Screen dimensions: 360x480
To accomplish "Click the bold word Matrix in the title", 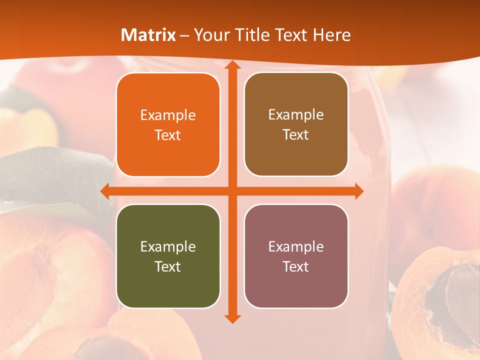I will click(148, 35).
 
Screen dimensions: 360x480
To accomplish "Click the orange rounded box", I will click(168, 125).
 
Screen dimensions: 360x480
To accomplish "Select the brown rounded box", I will click(296, 124).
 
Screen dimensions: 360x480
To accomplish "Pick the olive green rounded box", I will click(168, 256).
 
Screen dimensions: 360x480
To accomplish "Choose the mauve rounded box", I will click(296, 256).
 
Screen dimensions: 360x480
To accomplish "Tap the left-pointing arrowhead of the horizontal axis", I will click(105, 191).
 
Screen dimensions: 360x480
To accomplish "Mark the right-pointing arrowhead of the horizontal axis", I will click(358, 191).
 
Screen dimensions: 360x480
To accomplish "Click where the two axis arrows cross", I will click(232, 191).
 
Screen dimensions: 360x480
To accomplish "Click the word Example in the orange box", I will click(168, 115).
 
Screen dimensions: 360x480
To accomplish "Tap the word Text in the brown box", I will click(296, 135).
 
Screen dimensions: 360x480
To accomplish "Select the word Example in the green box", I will click(168, 246).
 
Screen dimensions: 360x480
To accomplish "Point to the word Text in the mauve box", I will click(296, 266).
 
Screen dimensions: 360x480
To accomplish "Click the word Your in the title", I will click(210, 35).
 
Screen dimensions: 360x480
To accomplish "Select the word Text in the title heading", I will click(290, 35).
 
